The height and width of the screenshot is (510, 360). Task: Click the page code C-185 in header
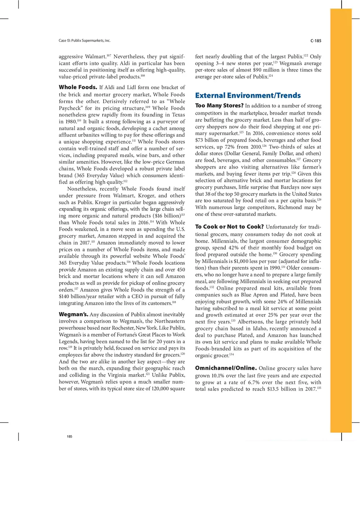(x=315, y=41)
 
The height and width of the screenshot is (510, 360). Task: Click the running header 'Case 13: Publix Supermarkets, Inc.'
(x=85, y=41)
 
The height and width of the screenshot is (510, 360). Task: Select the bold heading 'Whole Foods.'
(x=78, y=87)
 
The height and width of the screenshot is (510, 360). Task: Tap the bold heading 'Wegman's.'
(x=73, y=315)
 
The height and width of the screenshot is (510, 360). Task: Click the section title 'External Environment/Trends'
(x=248, y=96)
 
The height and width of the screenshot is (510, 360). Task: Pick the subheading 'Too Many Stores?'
(x=219, y=106)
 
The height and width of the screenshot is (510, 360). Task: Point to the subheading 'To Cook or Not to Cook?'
(x=229, y=227)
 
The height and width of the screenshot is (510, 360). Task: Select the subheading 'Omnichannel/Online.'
(x=225, y=368)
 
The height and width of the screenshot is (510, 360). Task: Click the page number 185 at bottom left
(x=70, y=437)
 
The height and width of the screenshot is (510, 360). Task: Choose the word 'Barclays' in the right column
(x=294, y=187)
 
